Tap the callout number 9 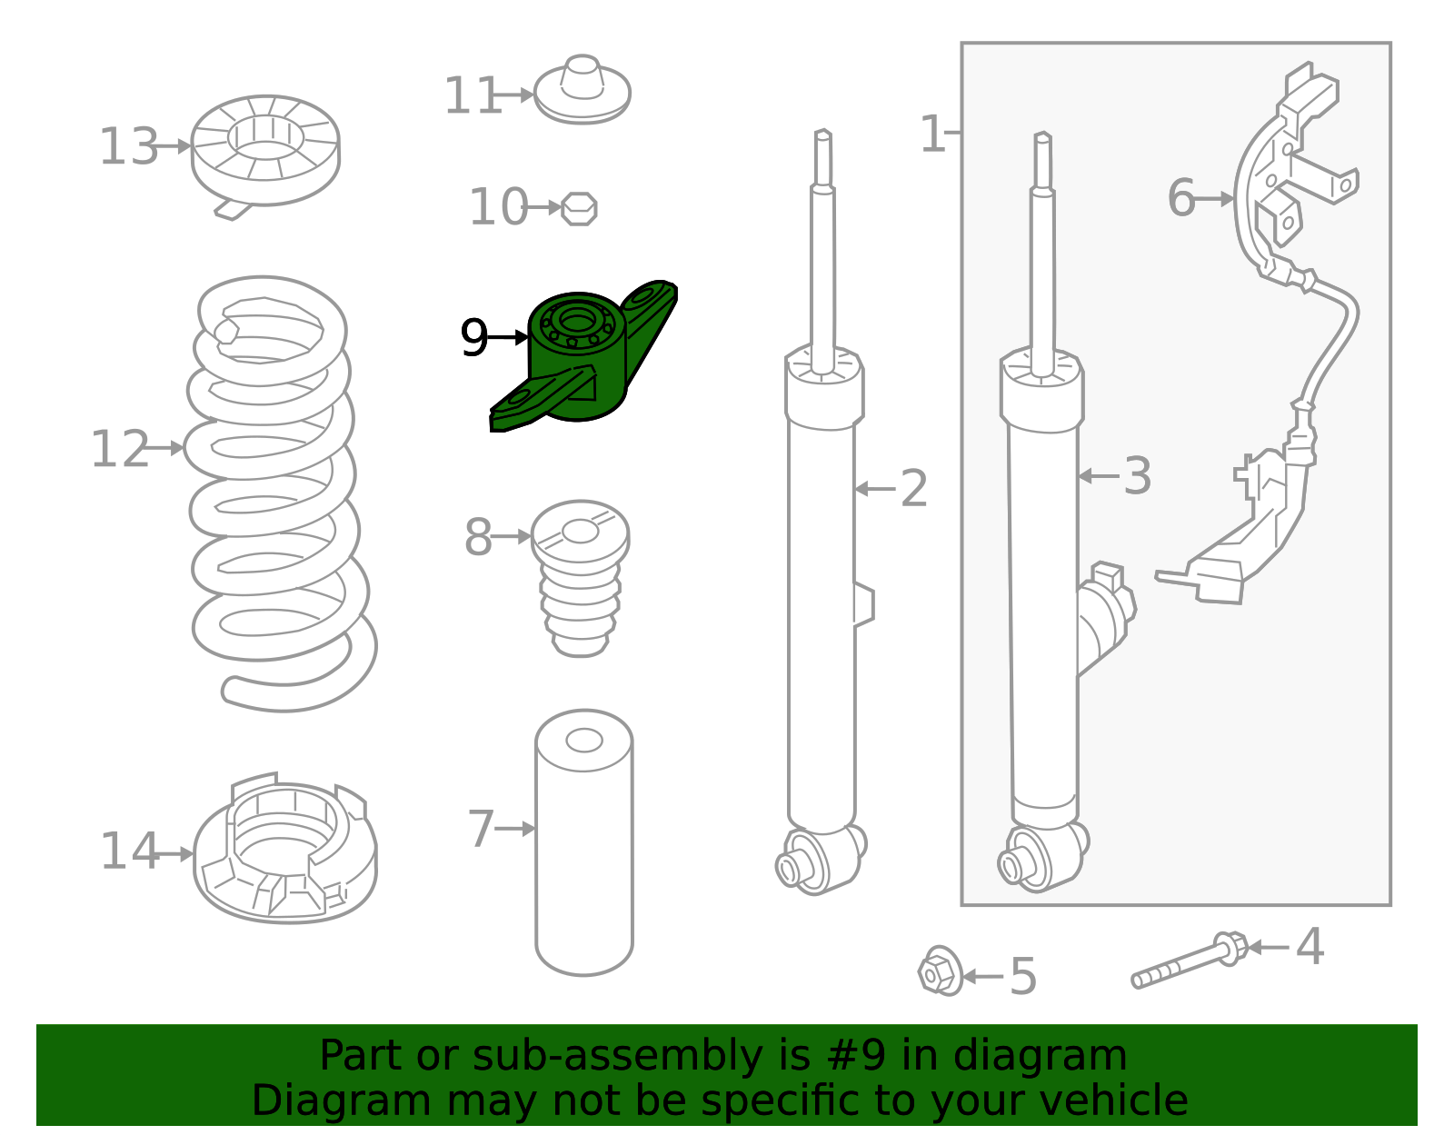point(473,338)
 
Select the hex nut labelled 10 point(579,209)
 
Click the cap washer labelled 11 point(583,90)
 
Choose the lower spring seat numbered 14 point(284,850)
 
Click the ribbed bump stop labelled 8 point(580,579)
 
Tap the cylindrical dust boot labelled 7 point(584,842)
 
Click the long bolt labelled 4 point(1190,961)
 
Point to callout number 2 point(914,489)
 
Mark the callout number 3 point(1137,476)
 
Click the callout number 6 point(1181,198)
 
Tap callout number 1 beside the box point(932,134)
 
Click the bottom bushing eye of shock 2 point(820,861)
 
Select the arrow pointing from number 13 point(174,145)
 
